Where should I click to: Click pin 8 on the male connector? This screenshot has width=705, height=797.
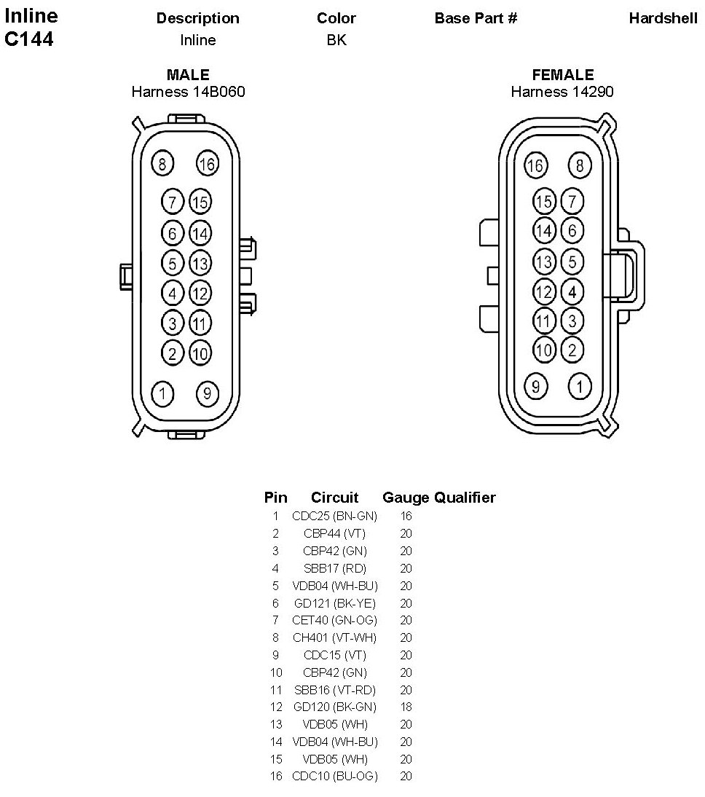162,164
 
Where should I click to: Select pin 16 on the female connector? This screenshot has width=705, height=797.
535,165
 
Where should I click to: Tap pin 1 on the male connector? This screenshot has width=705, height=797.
162,394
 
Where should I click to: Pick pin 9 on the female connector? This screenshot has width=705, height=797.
535,385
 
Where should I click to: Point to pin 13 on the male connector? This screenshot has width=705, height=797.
200,263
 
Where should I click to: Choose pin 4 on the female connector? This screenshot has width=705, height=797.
572,292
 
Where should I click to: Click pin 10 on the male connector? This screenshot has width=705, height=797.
200,353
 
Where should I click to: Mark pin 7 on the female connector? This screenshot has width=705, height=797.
572,201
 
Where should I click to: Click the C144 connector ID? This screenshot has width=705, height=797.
29,39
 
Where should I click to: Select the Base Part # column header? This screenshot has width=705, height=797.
476,18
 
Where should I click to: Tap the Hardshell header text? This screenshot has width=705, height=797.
663,18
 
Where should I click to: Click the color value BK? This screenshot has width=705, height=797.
336,40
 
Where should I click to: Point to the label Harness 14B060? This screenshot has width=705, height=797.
188,92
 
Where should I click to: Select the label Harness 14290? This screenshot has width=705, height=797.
562,92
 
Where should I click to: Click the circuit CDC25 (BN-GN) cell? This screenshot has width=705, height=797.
334,516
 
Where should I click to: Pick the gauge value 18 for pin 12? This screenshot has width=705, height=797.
406,707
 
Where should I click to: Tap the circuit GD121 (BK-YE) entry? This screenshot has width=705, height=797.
334,602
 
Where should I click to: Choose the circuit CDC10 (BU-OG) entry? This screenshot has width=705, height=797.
334,777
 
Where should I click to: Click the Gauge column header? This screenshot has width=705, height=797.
406,498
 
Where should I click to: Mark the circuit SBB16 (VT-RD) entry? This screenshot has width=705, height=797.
334,690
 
